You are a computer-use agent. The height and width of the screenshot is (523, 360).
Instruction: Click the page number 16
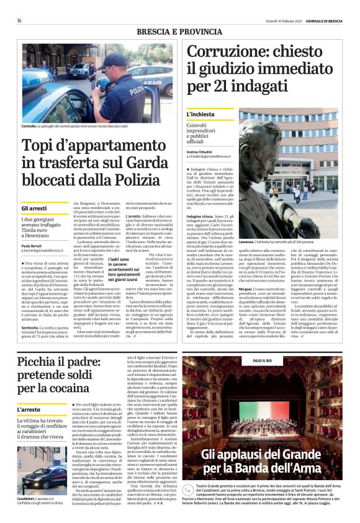click(x=19, y=20)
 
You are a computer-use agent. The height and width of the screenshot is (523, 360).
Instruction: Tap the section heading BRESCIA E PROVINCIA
click(x=179, y=32)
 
